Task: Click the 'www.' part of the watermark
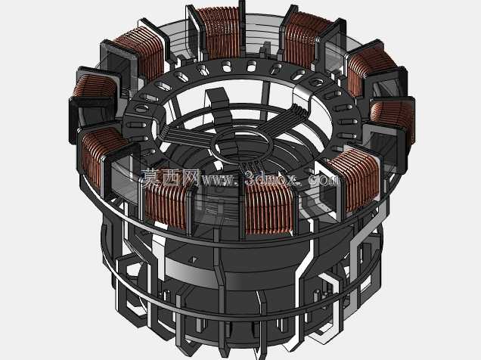[219, 180]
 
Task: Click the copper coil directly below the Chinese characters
[166, 206]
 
